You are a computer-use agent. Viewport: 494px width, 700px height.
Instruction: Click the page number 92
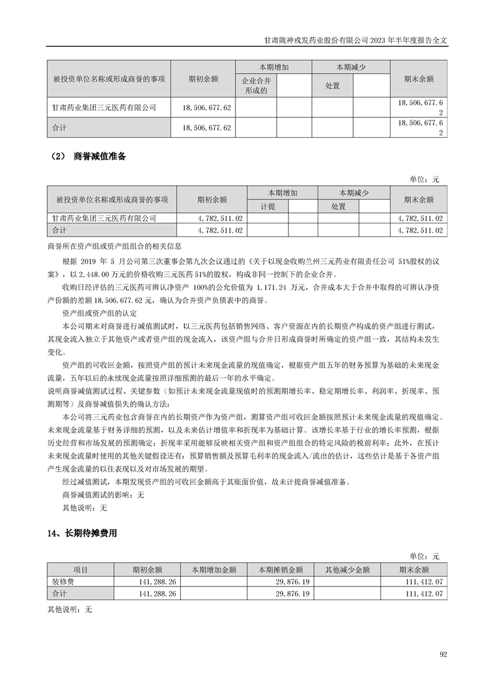[444, 654]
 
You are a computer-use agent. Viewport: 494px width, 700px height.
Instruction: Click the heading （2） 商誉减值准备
[87, 157]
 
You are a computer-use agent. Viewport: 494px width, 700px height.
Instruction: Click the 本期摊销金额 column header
[281, 570]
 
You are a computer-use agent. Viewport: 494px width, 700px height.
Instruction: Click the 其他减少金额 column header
[348, 570]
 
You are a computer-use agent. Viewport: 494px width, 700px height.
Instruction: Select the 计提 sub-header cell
[268, 207]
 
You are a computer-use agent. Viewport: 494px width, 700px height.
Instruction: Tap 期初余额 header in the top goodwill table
[202, 79]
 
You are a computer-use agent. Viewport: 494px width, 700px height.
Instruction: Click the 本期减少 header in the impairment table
[353, 193]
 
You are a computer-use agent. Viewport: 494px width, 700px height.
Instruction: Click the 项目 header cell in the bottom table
[80, 570]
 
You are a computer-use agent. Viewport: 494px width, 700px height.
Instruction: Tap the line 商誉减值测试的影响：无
[103, 495]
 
